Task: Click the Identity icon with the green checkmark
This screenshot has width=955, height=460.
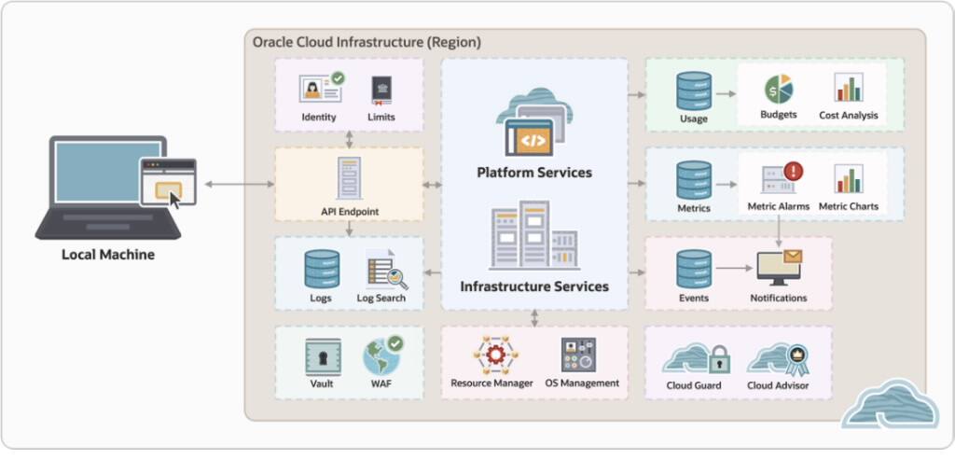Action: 320,89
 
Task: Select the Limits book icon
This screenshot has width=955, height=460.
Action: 381,89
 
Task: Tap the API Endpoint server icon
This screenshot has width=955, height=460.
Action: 349,177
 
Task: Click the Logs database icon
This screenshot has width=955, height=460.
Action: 321,269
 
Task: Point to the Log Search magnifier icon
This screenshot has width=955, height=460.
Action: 382,271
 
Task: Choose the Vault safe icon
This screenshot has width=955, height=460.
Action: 323,356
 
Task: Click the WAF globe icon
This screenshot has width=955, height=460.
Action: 381,356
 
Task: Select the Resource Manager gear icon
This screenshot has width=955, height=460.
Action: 491,355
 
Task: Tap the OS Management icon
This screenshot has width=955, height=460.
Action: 578,355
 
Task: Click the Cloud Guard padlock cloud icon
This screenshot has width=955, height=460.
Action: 695,357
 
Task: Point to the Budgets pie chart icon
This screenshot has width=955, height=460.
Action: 779,89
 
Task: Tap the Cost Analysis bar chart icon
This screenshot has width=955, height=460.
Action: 848,88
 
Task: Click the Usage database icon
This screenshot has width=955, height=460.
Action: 694,90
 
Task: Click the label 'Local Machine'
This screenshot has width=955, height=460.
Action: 108,254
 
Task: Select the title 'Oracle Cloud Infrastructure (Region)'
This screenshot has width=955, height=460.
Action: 367,42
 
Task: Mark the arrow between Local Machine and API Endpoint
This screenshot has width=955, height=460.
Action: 234,185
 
